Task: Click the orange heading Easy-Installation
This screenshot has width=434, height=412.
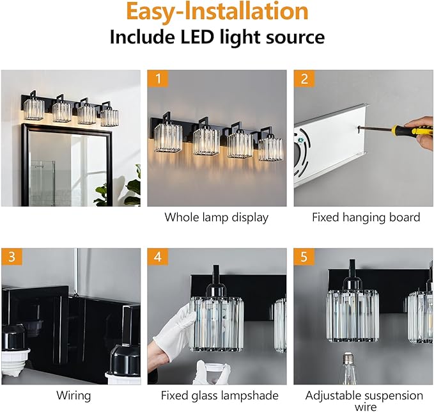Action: click(217, 12)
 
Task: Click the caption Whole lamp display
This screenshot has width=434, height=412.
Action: click(216, 217)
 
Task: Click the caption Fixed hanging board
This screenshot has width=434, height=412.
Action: click(366, 217)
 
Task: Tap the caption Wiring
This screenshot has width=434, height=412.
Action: click(74, 395)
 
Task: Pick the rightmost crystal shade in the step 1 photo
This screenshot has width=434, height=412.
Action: click(270, 148)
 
